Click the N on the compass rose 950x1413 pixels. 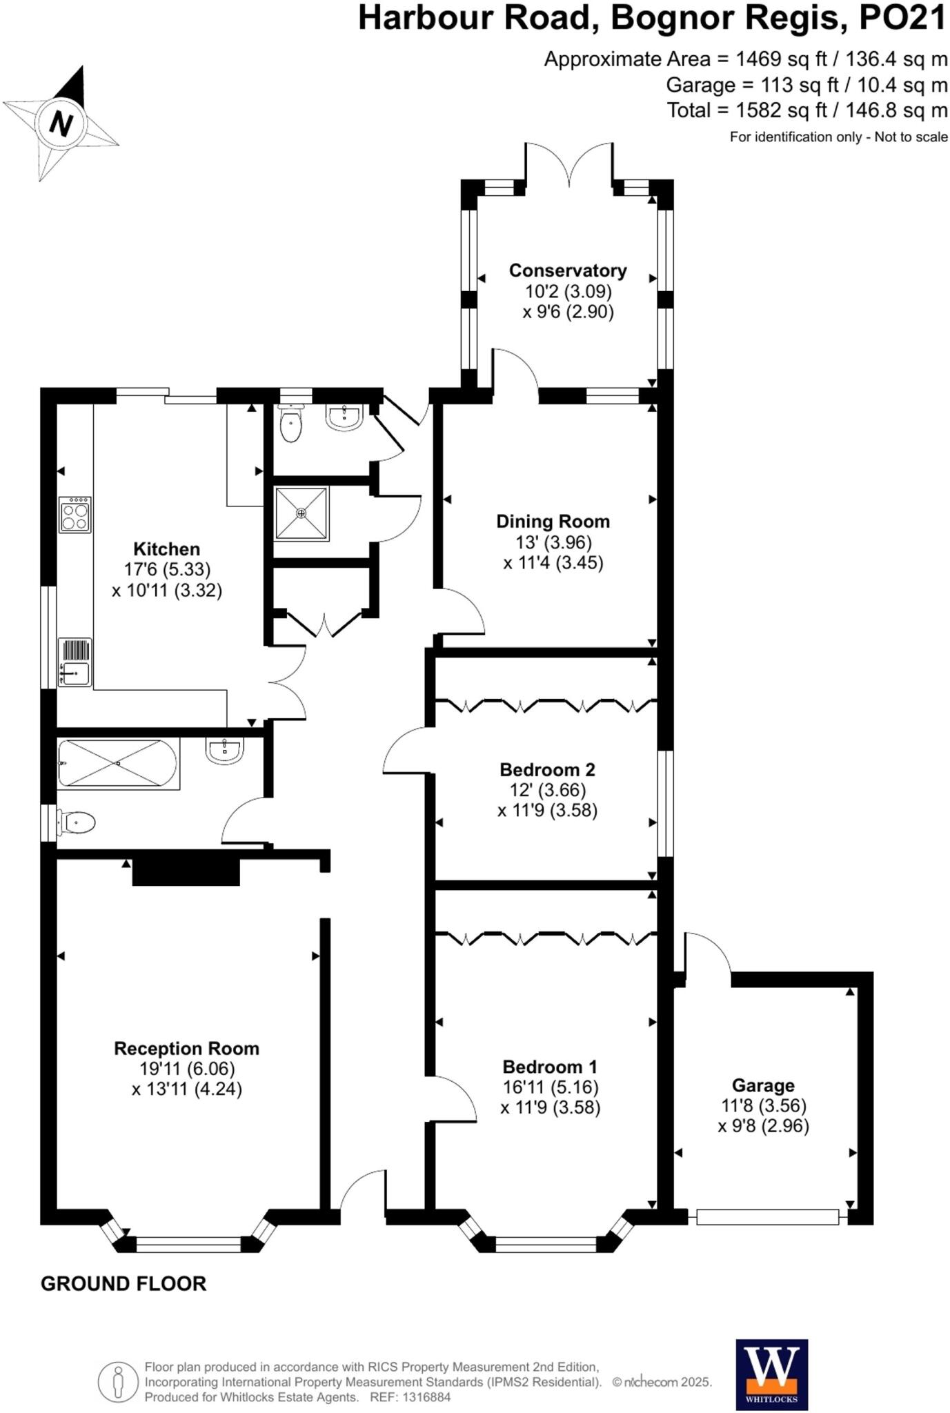(x=61, y=124)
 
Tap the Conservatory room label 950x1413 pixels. (x=567, y=270)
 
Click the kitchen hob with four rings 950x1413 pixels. (x=75, y=515)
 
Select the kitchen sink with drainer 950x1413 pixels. (x=75, y=662)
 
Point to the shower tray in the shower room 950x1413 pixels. (x=301, y=513)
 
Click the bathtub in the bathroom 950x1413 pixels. (x=118, y=763)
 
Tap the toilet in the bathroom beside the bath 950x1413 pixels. (x=77, y=822)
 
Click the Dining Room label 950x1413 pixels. (x=553, y=522)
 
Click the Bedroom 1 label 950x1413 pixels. (x=550, y=1067)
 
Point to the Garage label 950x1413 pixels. (x=763, y=1085)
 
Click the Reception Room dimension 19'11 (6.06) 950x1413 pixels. (x=186, y=1069)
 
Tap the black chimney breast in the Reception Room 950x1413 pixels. (x=186, y=871)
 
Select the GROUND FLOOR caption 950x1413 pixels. (x=123, y=1284)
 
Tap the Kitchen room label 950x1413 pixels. (x=166, y=549)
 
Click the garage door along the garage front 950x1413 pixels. (x=767, y=1217)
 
